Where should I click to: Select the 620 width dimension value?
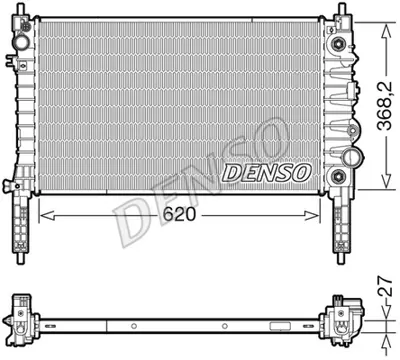click(x=179, y=213)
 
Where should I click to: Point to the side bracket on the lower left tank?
click(x=11, y=184)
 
